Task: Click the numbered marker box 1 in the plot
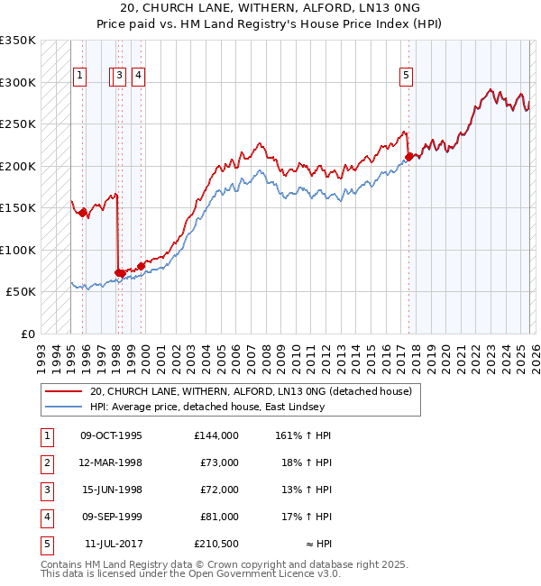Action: (x=81, y=77)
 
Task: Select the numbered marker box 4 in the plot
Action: (x=138, y=77)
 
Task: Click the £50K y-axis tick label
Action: (x=21, y=292)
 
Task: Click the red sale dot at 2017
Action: (x=408, y=157)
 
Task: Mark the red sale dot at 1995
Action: (x=82, y=213)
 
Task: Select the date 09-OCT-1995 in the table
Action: (x=112, y=435)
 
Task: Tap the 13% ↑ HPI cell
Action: (x=300, y=490)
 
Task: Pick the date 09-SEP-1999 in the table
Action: (x=112, y=517)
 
